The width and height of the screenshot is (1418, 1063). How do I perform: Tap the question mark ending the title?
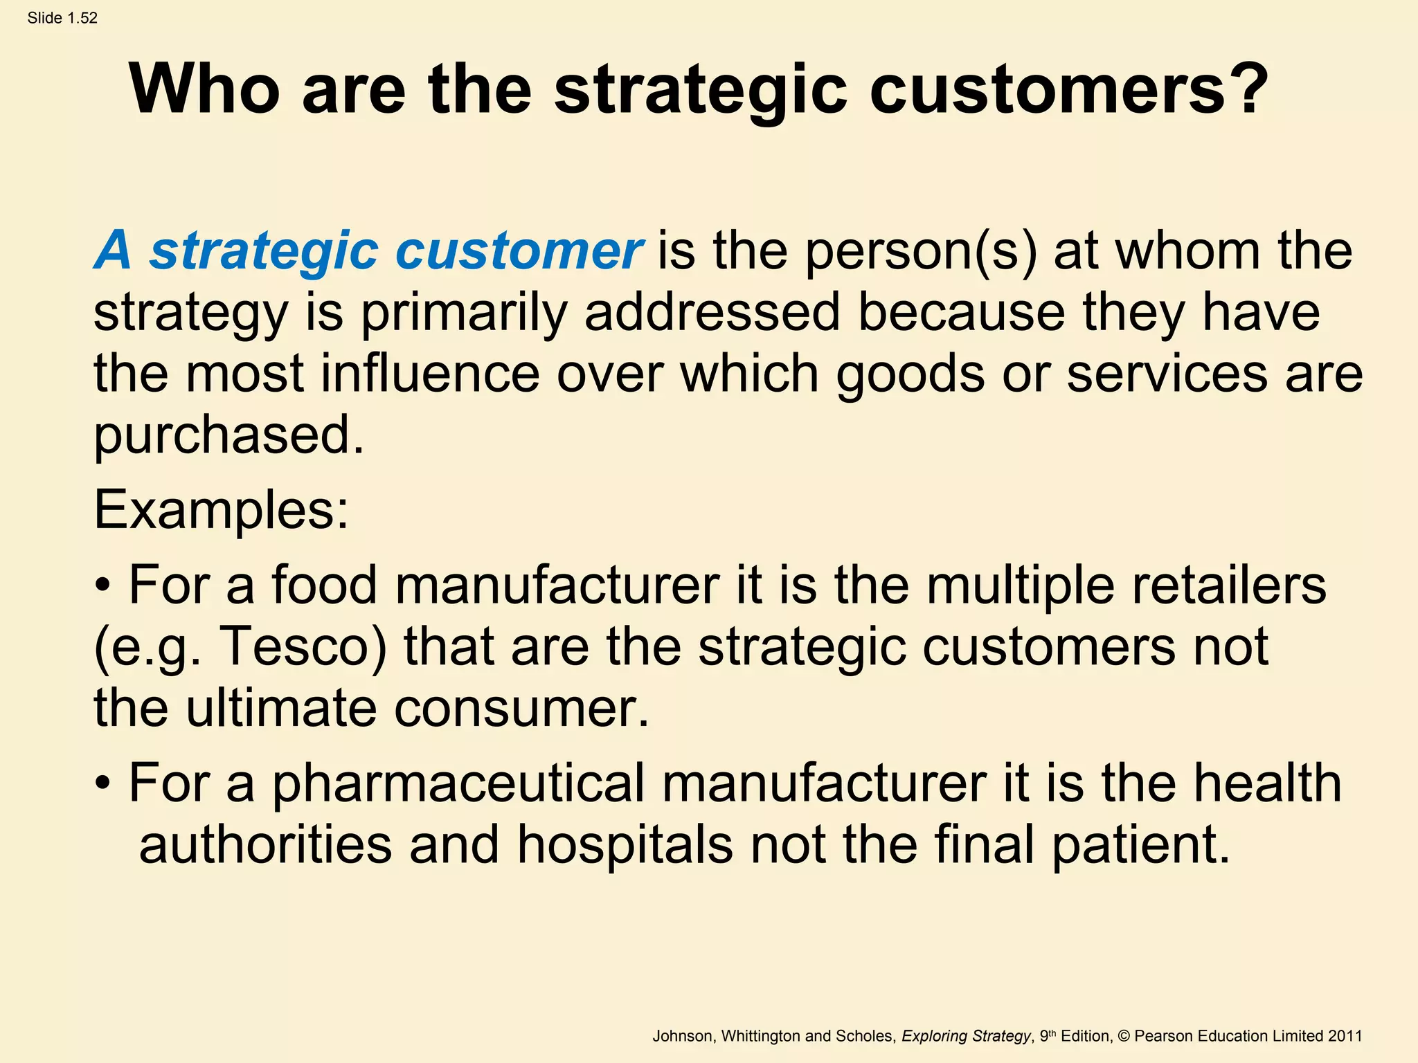tap(1244, 90)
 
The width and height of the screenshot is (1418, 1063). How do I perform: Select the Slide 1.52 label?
tap(62, 18)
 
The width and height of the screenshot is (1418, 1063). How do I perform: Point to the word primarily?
tap(464, 313)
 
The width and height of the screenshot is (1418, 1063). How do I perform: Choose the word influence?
tap(430, 374)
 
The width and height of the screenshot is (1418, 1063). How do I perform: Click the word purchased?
tap(228, 436)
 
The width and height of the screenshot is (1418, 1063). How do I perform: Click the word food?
tap(324, 585)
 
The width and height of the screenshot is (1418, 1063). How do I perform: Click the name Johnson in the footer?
tap(682, 1036)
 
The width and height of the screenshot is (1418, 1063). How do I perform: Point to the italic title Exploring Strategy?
tap(966, 1036)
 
